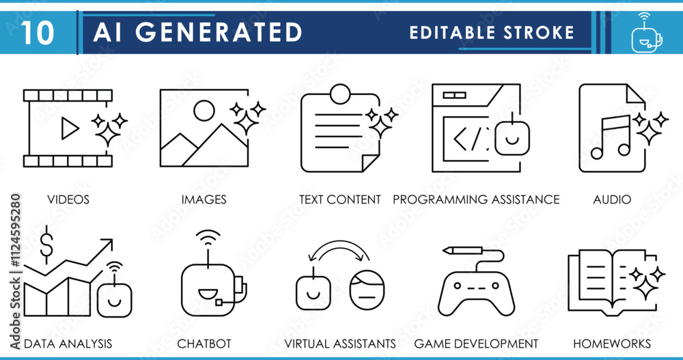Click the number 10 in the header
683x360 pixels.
pyautogui.click(x=38, y=32)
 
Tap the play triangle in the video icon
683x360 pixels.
pyautogui.click(x=70, y=128)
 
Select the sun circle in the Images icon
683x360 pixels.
pyautogui.click(x=204, y=111)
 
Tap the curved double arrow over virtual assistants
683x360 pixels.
pyautogui.click(x=339, y=251)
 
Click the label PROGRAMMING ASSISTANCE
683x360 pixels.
pyautogui.click(x=476, y=199)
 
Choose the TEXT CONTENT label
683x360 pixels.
pyautogui.click(x=340, y=199)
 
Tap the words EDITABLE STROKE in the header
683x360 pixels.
pyautogui.click(x=492, y=32)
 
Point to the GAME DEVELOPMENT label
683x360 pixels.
pyautogui.click(x=476, y=343)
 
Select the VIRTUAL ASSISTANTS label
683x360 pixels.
pyautogui.click(x=340, y=343)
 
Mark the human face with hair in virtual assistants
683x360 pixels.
pyautogui.click(x=367, y=289)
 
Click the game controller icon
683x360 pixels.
pyautogui.click(x=477, y=290)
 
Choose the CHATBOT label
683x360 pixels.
pyautogui.click(x=204, y=343)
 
